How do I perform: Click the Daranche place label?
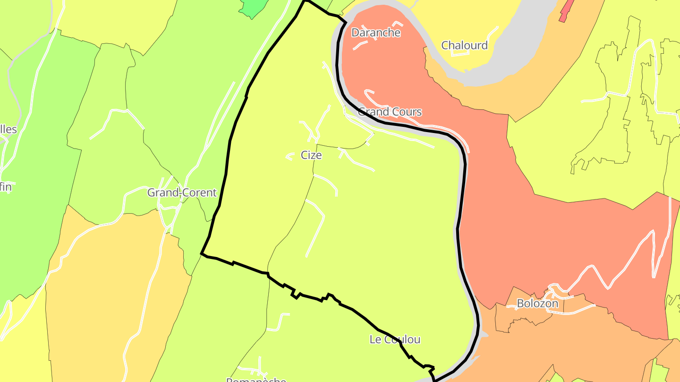[x=376, y=33]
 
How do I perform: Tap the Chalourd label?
[x=464, y=45]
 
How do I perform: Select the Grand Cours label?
[x=390, y=112]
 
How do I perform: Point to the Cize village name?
[x=311, y=155]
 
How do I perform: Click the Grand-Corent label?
[x=182, y=192]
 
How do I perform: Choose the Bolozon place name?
[x=537, y=303]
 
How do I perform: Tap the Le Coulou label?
[x=395, y=340]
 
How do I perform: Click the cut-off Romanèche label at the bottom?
[x=256, y=379]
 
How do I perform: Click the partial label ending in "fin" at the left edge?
[x=6, y=187]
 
